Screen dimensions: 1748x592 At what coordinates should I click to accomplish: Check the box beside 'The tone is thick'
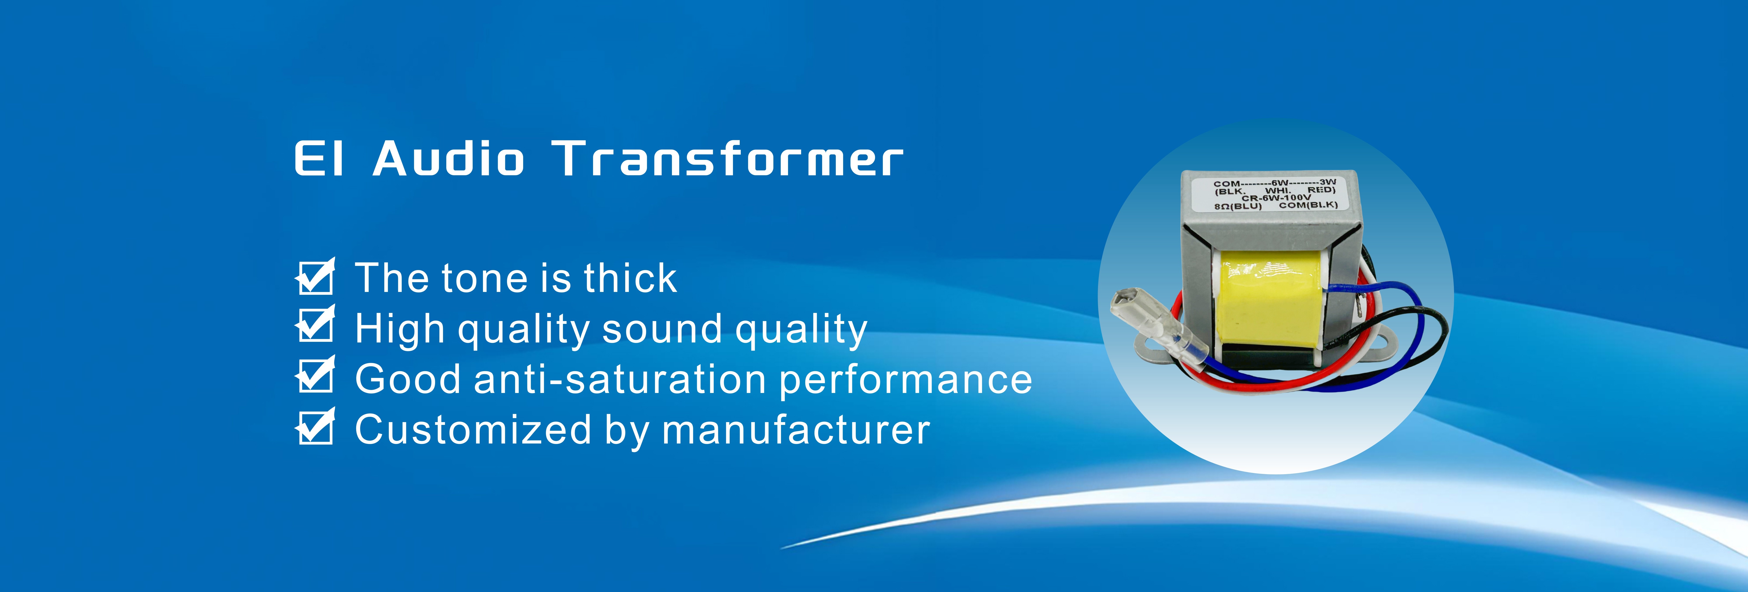[x=316, y=277]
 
